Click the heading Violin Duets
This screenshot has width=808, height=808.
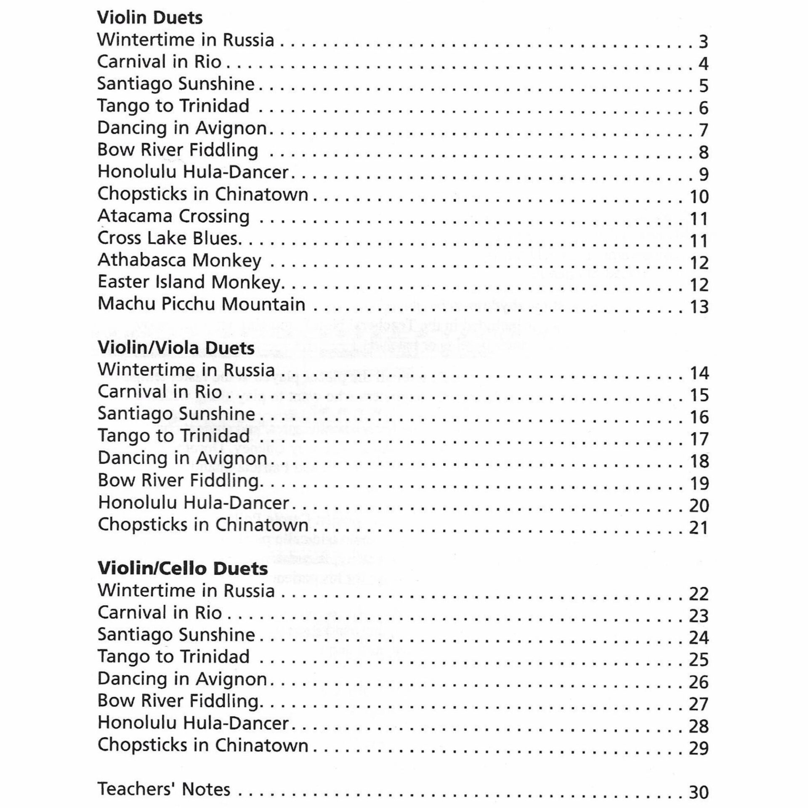pyautogui.click(x=150, y=18)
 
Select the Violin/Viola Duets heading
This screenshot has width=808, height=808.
pyautogui.click(x=176, y=348)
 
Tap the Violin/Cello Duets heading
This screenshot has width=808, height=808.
pyautogui.click(x=183, y=569)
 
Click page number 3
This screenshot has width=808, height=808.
pyautogui.click(x=703, y=42)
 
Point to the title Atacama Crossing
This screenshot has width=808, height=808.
pyautogui.click(x=173, y=216)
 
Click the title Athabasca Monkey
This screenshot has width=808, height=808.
pyautogui.click(x=179, y=260)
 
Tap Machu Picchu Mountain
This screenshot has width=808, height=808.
pyautogui.click(x=201, y=304)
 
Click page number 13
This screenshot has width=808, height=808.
pyautogui.click(x=699, y=307)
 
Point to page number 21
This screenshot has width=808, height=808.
pyautogui.click(x=699, y=528)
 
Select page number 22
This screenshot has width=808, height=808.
pyautogui.click(x=699, y=594)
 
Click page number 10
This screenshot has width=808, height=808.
pyautogui.click(x=699, y=197)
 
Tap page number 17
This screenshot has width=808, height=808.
pyautogui.click(x=699, y=439)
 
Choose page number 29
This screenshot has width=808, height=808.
pyautogui.click(x=699, y=748)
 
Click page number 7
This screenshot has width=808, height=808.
pyautogui.click(x=703, y=130)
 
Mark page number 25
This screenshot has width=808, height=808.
pyautogui.click(x=699, y=660)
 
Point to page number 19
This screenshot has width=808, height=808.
pyautogui.click(x=699, y=484)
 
